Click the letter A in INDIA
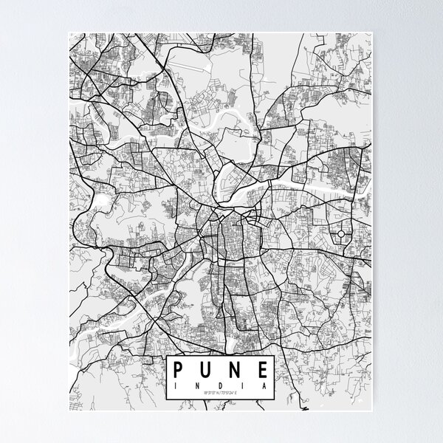click(x=261, y=385)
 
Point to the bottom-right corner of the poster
click(x=374, y=412)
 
